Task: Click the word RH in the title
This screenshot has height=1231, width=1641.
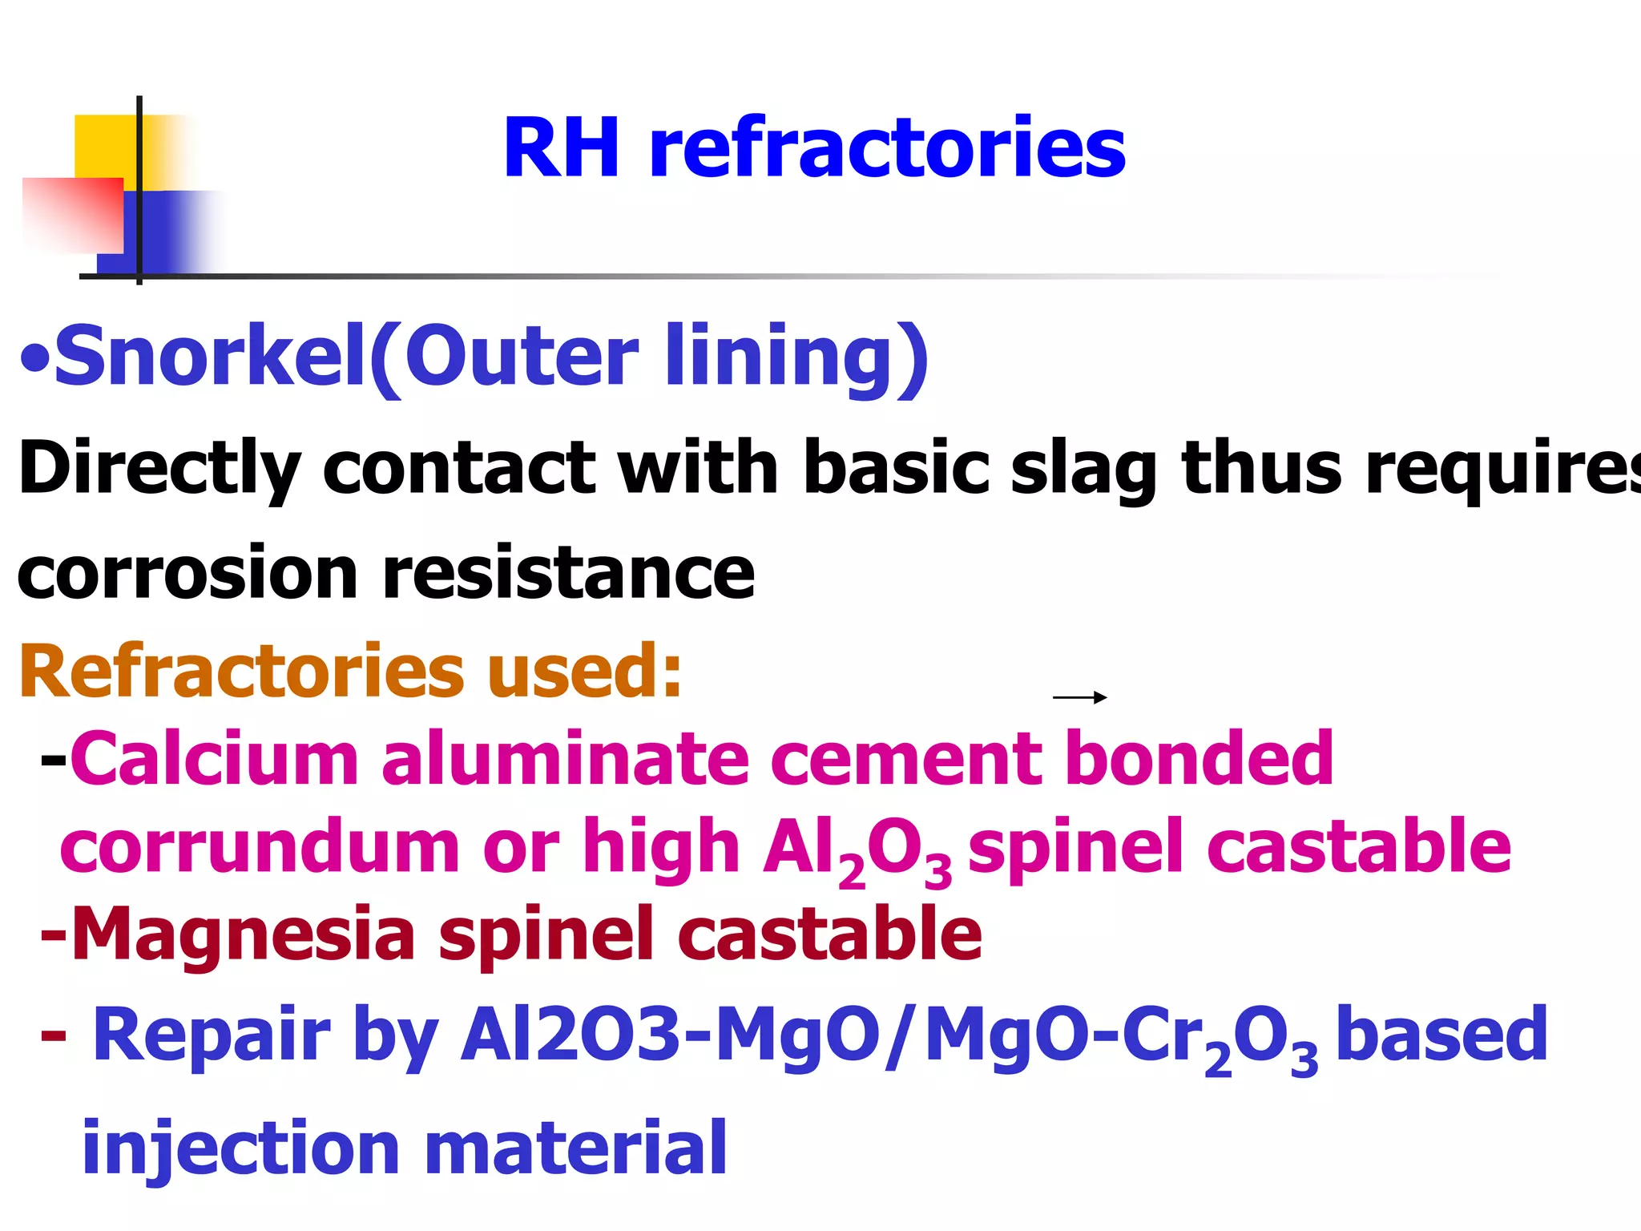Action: [561, 148]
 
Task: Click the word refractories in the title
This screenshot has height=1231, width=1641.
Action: [887, 148]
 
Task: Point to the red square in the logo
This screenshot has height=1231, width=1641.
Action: [74, 215]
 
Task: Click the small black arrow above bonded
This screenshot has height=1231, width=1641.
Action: [1079, 697]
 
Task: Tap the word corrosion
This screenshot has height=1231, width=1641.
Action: [187, 574]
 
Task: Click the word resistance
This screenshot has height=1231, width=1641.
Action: [569, 574]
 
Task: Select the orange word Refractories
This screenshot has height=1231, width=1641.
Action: [241, 671]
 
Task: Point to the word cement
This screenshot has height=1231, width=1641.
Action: [905, 759]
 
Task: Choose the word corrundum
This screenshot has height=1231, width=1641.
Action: [260, 847]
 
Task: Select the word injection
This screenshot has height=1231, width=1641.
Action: [240, 1148]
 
